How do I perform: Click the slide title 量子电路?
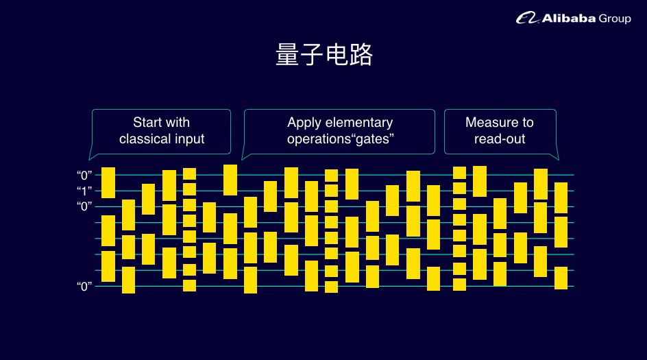tap(323, 55)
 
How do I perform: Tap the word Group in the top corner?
tap(615, 19)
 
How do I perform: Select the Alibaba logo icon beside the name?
tap(528, 19)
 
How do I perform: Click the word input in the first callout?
tap(190, 139)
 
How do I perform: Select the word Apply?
tap(302, 123)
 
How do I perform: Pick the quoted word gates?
tap(371, 139)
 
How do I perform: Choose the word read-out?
tap(500, 139)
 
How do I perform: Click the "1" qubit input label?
tap(86, 191)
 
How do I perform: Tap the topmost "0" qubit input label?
tap(86, 175)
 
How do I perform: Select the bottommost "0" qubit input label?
tap(86, 286)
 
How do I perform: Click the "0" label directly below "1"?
tap(86, 206)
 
